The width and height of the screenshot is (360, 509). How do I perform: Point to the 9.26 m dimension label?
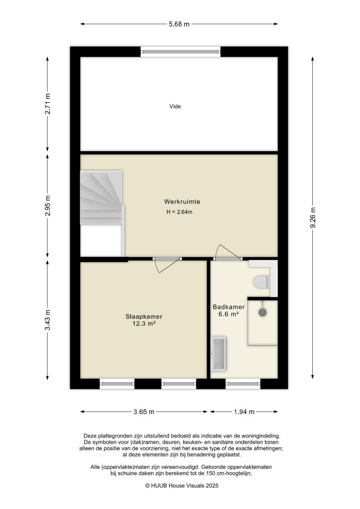click(x=313, y=217)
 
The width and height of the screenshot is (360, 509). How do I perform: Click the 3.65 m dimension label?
click(x=144, y=412)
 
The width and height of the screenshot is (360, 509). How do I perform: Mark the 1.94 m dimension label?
click(x=244, y=412)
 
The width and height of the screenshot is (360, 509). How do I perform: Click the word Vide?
click(x=175, y=106)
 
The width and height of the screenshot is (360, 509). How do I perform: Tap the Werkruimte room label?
click(x=181, y=202)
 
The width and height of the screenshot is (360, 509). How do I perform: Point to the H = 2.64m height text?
click(x=179, y=212)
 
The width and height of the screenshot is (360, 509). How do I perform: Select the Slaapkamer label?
click(x=144, y=316)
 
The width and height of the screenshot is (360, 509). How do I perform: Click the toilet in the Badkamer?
click(x=261, y=282)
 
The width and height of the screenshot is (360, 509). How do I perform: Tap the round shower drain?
click(x=262, y=312)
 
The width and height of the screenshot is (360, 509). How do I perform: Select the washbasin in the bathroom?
click(x=219, y=353)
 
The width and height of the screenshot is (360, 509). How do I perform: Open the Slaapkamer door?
click(x=166, y=264)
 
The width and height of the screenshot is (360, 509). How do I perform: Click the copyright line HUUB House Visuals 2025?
click(x=181, y=485)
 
